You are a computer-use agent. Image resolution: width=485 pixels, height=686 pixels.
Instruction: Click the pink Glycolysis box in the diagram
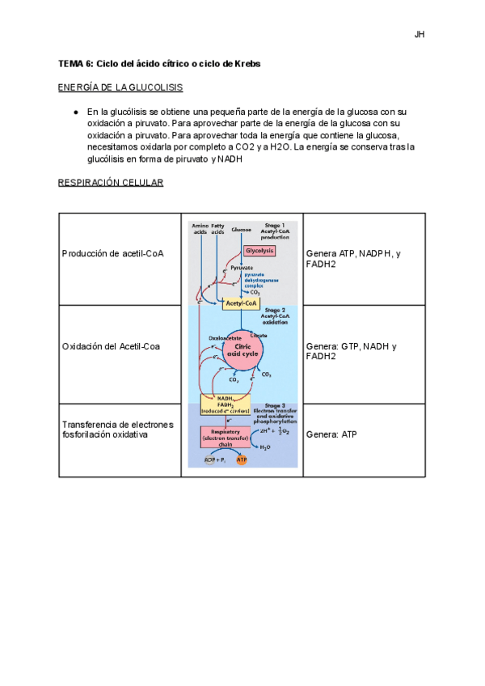tap(259, 251)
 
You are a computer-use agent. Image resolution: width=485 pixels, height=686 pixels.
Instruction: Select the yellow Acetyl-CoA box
tap(242, 303)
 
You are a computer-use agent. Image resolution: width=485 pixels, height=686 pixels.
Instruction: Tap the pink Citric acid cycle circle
tap(246, 349)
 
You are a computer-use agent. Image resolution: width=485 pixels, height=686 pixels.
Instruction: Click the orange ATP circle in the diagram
tap(241, 459)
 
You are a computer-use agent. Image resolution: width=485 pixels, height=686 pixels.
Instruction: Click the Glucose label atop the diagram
tap(241, 230)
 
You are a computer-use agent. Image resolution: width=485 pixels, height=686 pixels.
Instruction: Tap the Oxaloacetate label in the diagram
tap(225, 338)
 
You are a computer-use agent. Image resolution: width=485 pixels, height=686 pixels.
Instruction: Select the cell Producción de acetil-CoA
tap(112, 254)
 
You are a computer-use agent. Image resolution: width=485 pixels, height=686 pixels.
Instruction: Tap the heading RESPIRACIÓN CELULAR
tap(110, 183)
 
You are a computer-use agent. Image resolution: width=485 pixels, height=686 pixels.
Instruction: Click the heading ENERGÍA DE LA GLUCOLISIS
tap(120, 87)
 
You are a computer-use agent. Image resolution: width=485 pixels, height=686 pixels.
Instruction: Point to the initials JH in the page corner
tap(419, 35)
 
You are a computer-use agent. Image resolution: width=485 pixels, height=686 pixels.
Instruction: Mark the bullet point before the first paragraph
tap(74, 112)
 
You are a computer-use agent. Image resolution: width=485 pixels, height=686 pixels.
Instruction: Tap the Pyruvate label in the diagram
tap(241, 267)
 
